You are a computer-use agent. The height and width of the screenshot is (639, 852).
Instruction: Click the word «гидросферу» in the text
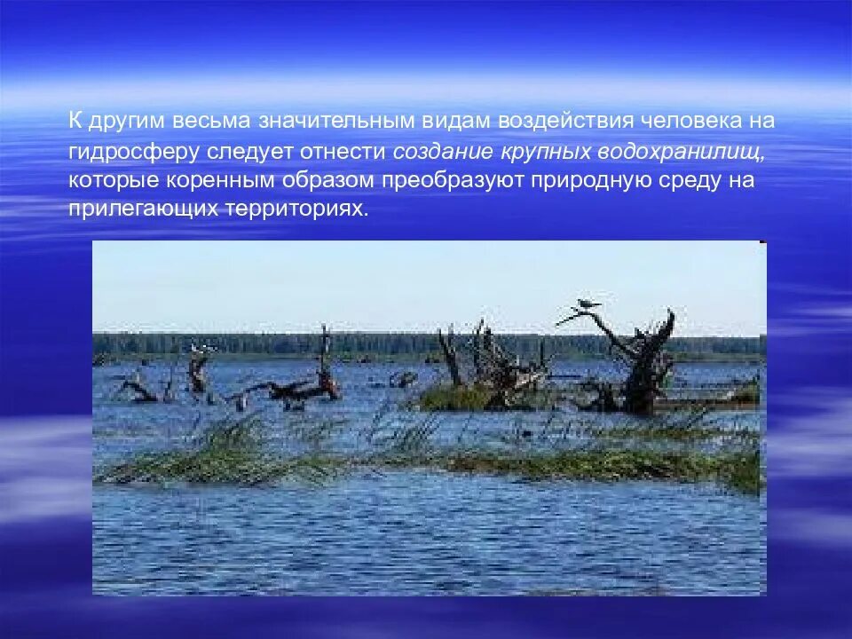pos(134,151)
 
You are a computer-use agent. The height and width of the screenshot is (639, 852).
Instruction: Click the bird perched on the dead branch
pos(586,304)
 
